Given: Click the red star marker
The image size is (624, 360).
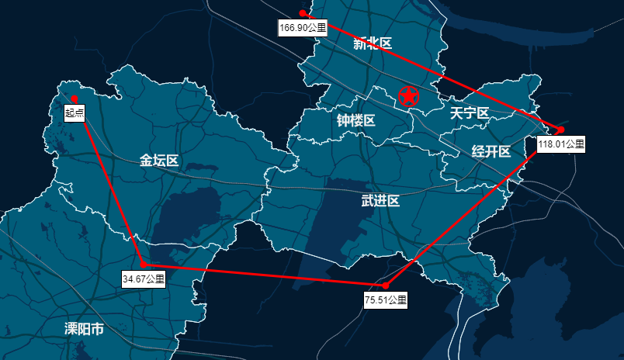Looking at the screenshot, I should [x=408, y=97].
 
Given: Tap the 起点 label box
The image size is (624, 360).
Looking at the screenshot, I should [x=75, y=113].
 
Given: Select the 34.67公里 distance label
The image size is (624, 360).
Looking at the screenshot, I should [x=144, y=279].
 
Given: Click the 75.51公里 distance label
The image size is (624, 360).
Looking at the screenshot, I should [x=386, y=299].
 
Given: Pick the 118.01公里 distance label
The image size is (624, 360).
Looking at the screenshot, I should [x=560, y=144].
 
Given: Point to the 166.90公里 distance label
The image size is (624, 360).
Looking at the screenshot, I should [x=303, y=27].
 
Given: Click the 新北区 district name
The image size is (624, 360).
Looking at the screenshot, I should [x=373, y=44].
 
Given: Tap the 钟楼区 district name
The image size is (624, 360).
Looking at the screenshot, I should [x=356, y=121].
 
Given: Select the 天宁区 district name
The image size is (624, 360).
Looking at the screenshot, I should [x=470, y=113].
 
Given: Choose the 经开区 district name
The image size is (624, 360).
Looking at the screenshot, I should [x=491, y=151].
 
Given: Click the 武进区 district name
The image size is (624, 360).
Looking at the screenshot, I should [x=380, y=202].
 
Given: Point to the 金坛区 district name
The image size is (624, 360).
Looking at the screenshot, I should [x=159, y=161].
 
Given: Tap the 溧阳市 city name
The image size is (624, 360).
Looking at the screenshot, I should [x=84, y=329].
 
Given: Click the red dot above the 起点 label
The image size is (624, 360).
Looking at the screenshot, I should [x=74, y=99].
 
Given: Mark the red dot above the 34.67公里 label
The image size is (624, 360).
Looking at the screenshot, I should [x=144, y=265].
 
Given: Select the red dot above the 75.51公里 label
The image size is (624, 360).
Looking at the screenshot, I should [x=386, y=286].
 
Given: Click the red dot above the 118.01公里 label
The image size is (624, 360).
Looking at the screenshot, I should [x=560, y=130].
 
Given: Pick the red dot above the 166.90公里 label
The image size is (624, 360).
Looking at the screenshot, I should [x=303, y=13].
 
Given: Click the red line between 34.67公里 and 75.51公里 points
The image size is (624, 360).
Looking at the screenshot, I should [x=264, y=275].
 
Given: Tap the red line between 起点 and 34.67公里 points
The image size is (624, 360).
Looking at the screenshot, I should [x=109, y=182].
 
